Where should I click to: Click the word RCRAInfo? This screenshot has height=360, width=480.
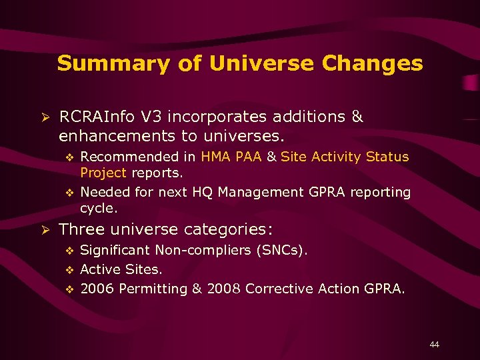tap(97, 117)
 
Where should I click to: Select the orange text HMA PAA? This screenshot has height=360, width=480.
tap(231, 157)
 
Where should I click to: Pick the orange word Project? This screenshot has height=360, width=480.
tap(103, 173)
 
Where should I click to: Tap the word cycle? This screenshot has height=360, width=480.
tap(98, 208)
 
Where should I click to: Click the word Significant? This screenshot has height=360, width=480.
tap(116, 250)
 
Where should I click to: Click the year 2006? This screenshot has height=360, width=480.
tap(96, 289)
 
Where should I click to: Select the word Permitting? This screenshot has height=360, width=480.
tap(151, 289)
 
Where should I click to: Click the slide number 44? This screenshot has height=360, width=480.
tap(435, 344)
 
